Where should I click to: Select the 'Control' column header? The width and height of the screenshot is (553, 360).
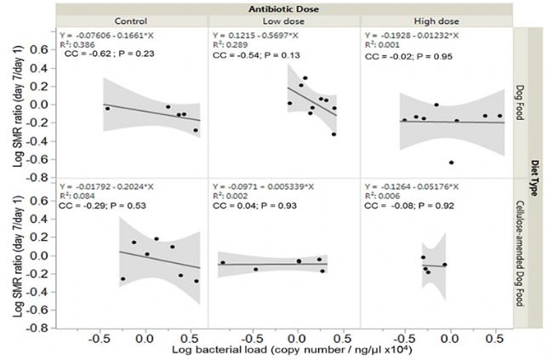point(130,22)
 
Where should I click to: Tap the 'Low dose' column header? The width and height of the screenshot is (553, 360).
point(284,22)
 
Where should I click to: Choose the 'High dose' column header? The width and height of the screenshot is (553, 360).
point(436,22)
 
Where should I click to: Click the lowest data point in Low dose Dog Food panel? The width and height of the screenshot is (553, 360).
point(334,134)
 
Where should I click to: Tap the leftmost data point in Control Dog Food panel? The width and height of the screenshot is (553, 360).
point(107,109)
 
